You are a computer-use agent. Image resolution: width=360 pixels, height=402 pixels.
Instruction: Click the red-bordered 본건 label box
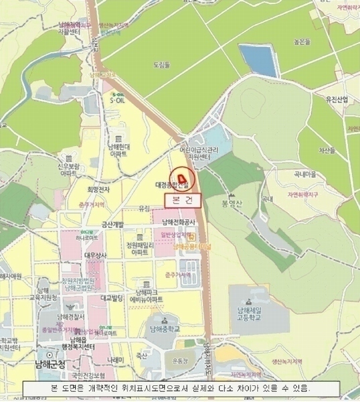click(182, 200)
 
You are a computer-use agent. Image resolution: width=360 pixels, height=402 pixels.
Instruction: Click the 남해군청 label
click(50, 364)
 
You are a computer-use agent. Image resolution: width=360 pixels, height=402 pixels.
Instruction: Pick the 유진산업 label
click(337, 100)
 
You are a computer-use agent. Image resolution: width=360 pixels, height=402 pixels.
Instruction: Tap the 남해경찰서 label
click(70, 316)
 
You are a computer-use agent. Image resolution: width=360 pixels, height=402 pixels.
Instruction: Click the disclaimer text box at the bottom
click(180, 389)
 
